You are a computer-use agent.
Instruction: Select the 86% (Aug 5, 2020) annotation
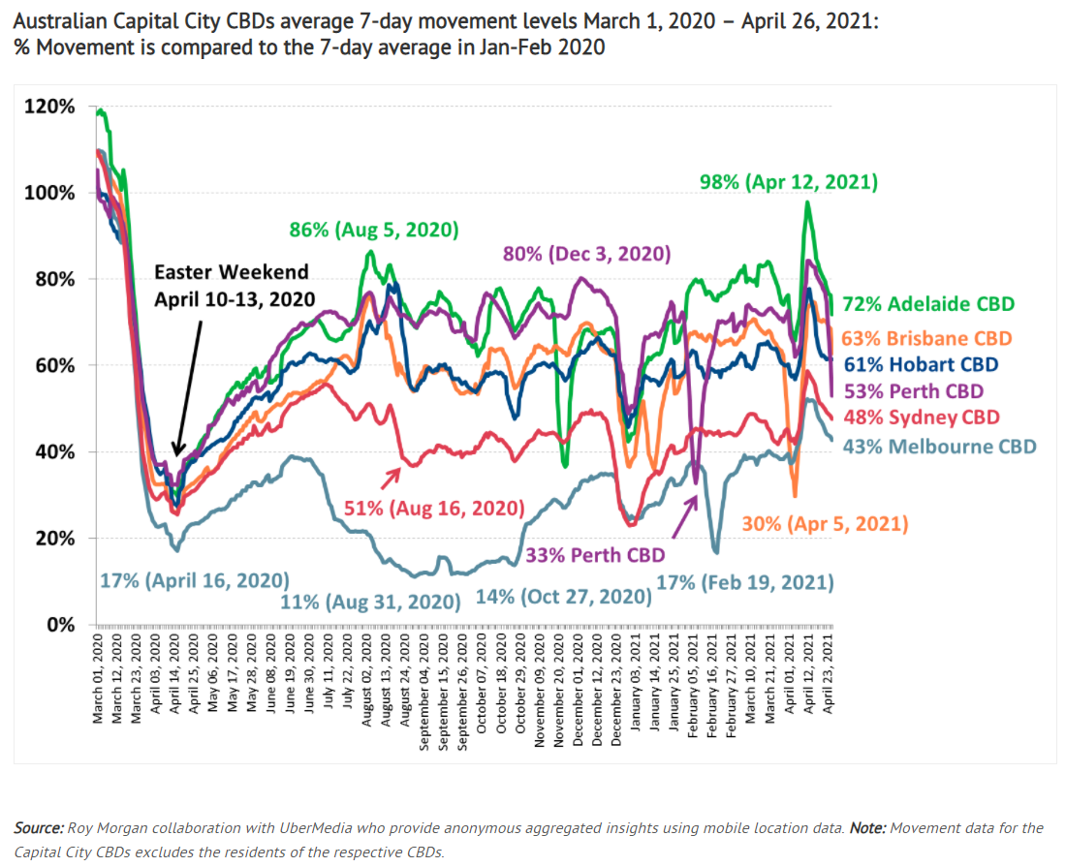point(373,231)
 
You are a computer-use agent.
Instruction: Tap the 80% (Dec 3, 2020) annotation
point(586,254)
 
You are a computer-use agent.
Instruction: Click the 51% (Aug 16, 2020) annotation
point(433,508)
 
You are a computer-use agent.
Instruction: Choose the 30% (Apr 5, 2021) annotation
point(825,524)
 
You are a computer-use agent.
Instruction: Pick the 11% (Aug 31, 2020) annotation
point(370,602)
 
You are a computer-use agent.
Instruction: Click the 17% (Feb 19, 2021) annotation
point(744,583)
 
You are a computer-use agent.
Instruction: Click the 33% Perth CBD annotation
point(595,556)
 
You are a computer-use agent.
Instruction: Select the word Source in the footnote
point(38,828)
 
